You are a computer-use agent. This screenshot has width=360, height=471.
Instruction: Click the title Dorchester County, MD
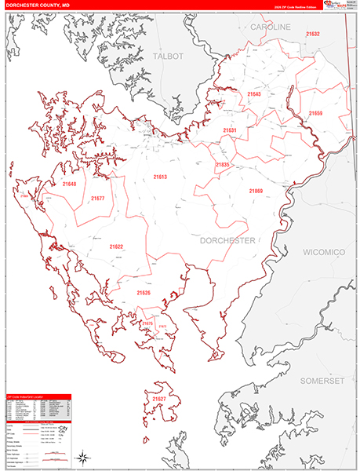41,5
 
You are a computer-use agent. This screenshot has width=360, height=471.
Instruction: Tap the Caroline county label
271,27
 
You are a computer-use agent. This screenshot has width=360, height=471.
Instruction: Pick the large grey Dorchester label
227,241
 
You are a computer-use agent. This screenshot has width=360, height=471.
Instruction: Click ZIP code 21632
312,35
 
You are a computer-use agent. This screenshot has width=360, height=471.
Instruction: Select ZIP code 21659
315,114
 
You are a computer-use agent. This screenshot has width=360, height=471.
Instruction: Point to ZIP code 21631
230,130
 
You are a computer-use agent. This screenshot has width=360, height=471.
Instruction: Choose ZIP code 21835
222,165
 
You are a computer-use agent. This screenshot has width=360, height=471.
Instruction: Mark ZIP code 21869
256,191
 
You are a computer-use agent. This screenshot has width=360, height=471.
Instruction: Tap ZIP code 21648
69,184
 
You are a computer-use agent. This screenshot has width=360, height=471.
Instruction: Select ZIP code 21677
97,198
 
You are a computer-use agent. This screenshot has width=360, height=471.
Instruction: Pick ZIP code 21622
116,246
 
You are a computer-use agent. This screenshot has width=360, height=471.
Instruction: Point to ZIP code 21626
144,293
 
